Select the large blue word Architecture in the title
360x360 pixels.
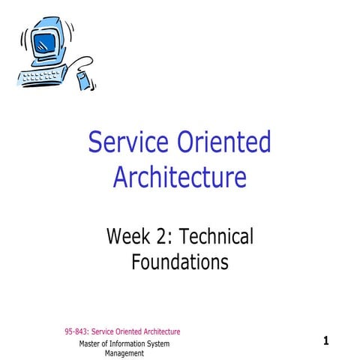(x=179, y=178)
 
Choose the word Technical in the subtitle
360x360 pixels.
(x=219, y=238)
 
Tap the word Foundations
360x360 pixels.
(x=179, y=262)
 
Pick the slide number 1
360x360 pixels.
(x=326, y=341)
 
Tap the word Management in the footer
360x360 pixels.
(x=124, y=353)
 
